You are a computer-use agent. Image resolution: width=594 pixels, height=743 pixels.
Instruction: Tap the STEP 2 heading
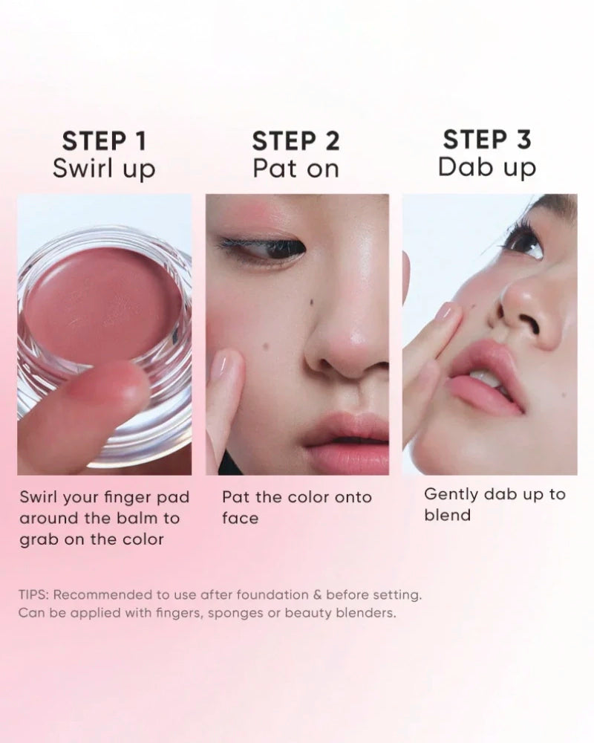point(296,140)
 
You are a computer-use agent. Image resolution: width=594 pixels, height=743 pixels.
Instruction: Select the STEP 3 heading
point(486,139)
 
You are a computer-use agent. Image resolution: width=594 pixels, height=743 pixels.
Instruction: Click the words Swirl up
point(104,169)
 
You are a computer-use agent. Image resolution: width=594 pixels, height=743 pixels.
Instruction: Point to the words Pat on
point(296,169)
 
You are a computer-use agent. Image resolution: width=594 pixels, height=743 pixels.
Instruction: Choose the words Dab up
point(486,167)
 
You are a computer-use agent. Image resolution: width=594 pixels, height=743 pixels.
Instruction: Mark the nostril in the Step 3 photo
point(529,323)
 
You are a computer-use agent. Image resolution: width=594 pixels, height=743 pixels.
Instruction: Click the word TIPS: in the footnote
point(35,594)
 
